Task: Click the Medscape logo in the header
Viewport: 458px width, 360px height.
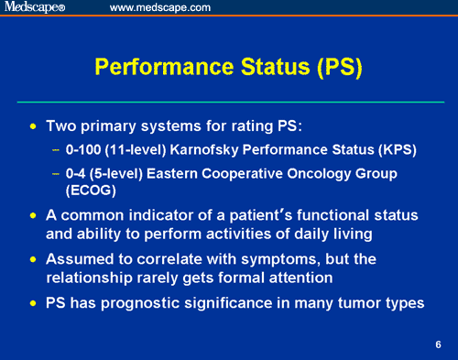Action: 34,8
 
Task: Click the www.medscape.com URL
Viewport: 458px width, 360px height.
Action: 159,8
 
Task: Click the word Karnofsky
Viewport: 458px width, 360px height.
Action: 210,147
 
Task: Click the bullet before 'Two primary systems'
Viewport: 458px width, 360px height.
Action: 35,124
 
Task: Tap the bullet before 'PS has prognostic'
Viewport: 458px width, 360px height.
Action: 35,302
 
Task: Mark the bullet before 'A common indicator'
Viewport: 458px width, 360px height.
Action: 35,215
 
